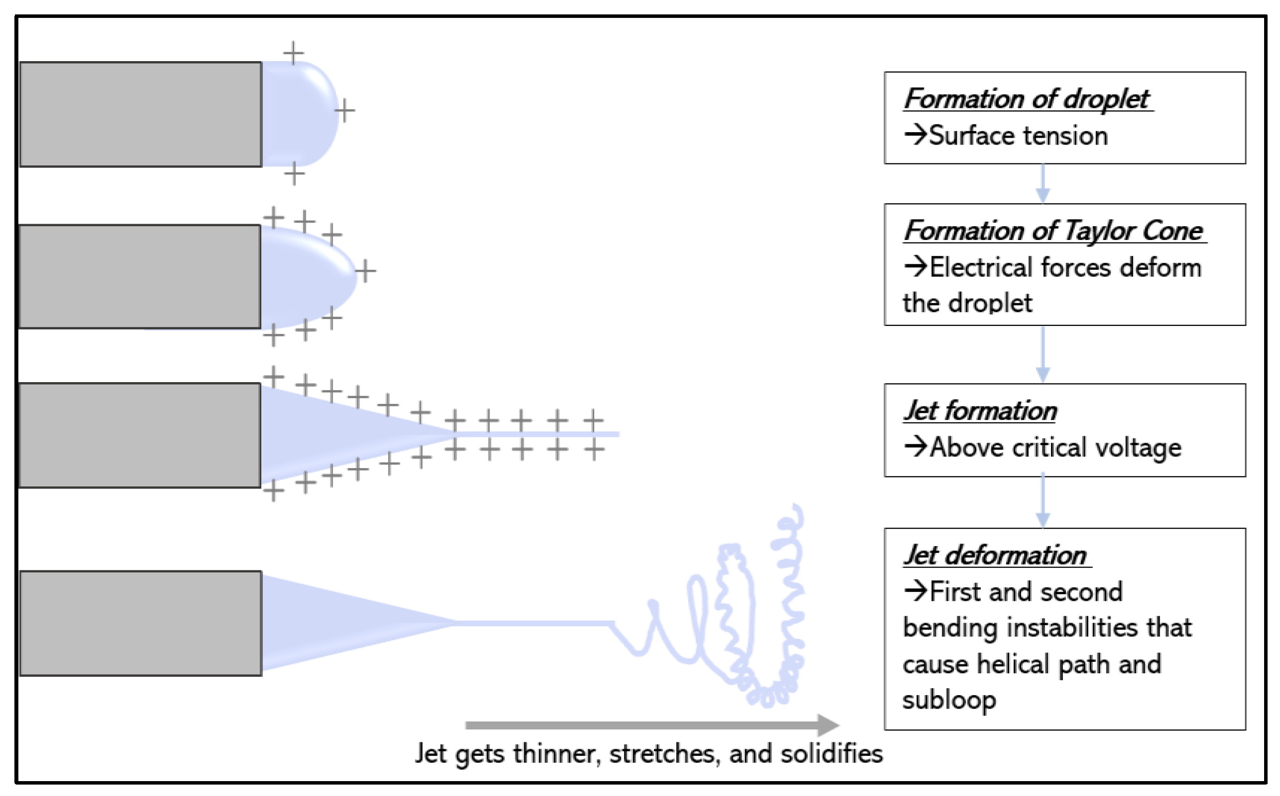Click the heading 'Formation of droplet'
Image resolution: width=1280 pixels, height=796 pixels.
click(x=1027, y=99)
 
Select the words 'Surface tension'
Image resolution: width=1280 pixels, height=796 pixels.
click(x=1018, y=136)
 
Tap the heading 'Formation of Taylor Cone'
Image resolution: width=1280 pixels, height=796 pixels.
click(x=1054, y=231)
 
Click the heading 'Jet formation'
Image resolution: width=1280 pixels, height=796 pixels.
click(x=980, y=410)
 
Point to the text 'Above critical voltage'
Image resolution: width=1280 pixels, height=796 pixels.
click(x=1055, y=448)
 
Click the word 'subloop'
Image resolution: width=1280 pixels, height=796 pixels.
click(x=949, y=700)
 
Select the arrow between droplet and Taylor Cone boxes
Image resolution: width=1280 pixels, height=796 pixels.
click(x=1042, y=184)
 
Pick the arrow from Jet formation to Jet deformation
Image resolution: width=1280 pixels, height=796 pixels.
click(x=1042, y=502)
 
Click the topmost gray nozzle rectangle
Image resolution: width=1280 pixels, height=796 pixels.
click(x=141, y=114)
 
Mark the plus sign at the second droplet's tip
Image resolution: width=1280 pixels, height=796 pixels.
click(x=365, y=271)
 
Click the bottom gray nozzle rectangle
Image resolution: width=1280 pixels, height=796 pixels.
click(x=141, y=623)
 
